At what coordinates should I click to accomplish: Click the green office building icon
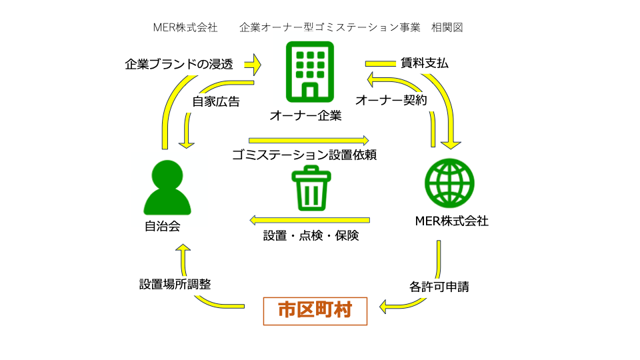tap(309, 70)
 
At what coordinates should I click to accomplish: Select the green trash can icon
tap(310, 188)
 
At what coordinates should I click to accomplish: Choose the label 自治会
tap(163, 226)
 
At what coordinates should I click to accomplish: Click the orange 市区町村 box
tap(315, 310)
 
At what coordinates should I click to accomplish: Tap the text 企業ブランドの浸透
tap(179, 65)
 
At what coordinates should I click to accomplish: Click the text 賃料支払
tap(424, 64)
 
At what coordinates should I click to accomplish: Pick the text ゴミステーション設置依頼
tap(305, 155)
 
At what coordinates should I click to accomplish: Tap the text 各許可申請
tap(439, 287)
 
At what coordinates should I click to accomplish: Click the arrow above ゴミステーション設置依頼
tap(309, 141)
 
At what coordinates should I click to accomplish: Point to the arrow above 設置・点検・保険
tap(310, 219)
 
